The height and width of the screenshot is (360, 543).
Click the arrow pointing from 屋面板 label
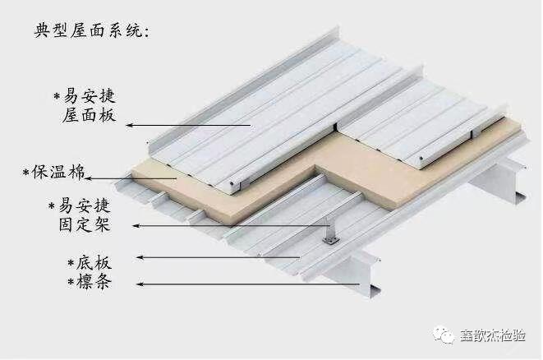pyautogui.click(x=189, y=123)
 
